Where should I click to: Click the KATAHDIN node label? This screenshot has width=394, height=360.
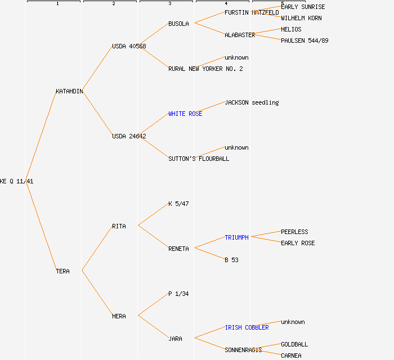tap(69, 91)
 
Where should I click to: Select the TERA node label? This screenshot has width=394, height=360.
tap(62, 271)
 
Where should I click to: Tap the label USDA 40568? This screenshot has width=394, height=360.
tap(129, 46)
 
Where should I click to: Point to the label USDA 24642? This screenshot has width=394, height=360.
tap(129, 136)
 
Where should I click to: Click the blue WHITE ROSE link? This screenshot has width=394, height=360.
tap(185, 114)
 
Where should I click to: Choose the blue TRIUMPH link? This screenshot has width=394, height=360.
tap(236, 237)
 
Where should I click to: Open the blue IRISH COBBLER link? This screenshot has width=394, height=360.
tap(247, 327)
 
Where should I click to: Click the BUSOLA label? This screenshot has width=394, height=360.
tap(178, 24)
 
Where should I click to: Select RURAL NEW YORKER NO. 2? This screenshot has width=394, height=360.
tap(205, 69)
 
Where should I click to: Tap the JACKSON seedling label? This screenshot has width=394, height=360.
tap(252, 102)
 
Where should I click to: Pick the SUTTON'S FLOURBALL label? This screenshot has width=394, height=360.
tap(199, 159)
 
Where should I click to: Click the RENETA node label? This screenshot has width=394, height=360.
tap(178, 249)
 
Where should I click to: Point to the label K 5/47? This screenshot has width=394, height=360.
tap(178, 204)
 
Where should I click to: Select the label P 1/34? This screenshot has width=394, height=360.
tap(178, 294)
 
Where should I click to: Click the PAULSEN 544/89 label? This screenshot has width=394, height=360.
tap(305, 40)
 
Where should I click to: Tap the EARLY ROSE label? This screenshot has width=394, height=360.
tap(298, 243)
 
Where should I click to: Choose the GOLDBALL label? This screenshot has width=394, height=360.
tap(294, 344)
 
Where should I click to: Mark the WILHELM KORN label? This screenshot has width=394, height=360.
tap(301, 18)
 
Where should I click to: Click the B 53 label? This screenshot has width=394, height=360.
tap(231, 260)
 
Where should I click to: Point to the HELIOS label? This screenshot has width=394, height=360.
tap(291, 29)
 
